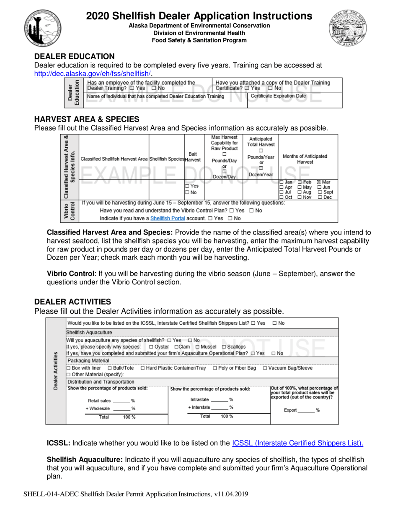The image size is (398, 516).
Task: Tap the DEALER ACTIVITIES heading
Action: (x=72, y=302)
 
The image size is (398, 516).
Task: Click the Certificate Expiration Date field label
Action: (x=278, y=96)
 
